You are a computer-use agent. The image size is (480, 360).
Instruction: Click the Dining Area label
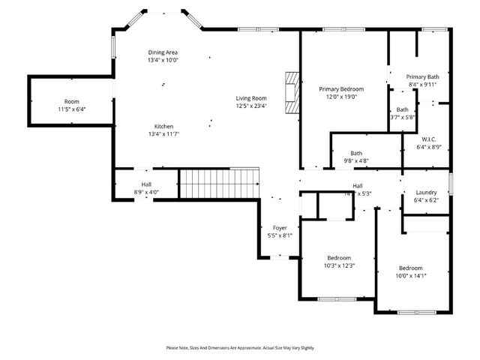pyautogui.click(x=163, y=52)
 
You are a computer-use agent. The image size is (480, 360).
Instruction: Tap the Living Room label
pyautogui.click(x=251, y=98)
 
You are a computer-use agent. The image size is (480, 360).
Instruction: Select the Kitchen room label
pyautogui.click(x=164, y=126)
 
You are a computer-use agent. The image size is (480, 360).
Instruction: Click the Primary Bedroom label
pyautogui.click(x=341, y=88)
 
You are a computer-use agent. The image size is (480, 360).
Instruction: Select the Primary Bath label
pyautogui.click(x=422, y=76)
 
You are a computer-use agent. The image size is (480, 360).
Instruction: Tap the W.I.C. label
pyautogui.click(x=429, y=139)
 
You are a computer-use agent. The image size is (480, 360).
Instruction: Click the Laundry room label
pyautogui.click(x=425, y=192)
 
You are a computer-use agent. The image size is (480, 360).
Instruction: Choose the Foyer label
pyautogui.click(x=280, y=227)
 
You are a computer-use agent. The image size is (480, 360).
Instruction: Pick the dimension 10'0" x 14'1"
pyautogui.click(x=410, y=275)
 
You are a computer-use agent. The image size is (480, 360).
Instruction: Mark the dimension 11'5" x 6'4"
pyautogui.click(x=72, y=109)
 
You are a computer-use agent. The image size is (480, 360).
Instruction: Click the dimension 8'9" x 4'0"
pyautogui.click(x=146, y=192)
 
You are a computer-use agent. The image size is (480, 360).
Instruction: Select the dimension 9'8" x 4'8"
pyautogui.click(x=355, y=160)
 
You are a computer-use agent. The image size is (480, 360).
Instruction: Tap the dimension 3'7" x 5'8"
pyautogui.click(x=403, y=117)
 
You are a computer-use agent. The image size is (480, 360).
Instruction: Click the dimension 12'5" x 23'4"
pyautogui.click(x=251, y=106)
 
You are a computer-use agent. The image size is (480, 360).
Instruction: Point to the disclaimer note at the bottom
pyautogui.click(x=240, y=348)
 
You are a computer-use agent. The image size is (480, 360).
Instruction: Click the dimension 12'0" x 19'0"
pyautogui.click(x=341, y=96)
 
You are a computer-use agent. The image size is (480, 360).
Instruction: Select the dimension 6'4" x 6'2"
pyautogui.click(x=425, y=199)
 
